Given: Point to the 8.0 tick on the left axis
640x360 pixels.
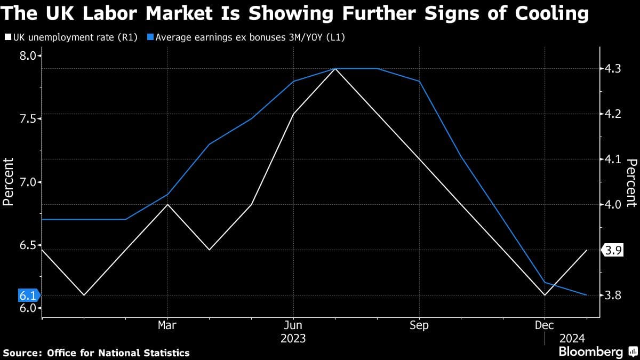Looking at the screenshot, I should tap(27, 56).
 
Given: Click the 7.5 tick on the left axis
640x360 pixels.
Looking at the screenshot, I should tap(27, 118).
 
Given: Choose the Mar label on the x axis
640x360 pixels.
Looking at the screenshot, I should tap(167, 325).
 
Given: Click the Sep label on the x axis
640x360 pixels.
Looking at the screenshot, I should tap(419, 325).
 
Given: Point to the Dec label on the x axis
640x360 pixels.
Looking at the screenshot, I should tap(545, 325).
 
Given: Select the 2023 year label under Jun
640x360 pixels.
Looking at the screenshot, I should tap(293, 338).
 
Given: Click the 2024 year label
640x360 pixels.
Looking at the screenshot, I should tap(572, 338).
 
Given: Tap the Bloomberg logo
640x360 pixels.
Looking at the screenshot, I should tap(590, 351).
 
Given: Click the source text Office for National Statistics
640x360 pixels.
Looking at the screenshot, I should tap(118, 353).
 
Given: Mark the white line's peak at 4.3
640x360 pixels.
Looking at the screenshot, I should tap(335, 69).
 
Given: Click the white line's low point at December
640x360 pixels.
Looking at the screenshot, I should tap(545, 295).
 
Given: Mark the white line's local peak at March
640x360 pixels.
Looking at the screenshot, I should tap(167, 205).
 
